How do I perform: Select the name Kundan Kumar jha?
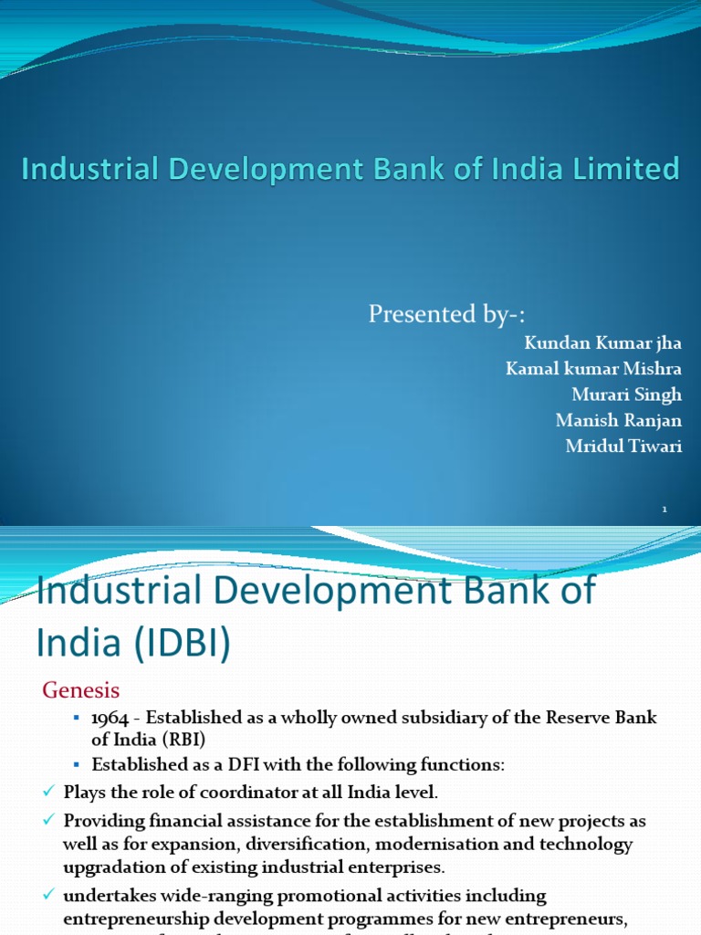pyautogui.click(x=602, y=342)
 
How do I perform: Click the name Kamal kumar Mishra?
pyautogui.click(x=593, y=369)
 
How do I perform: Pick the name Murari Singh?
pyautogui.click(x=627, y=395)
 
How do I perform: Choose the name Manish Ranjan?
pyautogui.click(x=618, y=421)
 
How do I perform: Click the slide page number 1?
pyautogui.click(x=665, y=510)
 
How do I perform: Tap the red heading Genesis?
pyautogui.click(x=81, y=689)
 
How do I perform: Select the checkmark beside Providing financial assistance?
pyautogui.click(x=48, y=818)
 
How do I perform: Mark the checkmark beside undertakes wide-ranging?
pyautogui.click(x=48, y=895)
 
